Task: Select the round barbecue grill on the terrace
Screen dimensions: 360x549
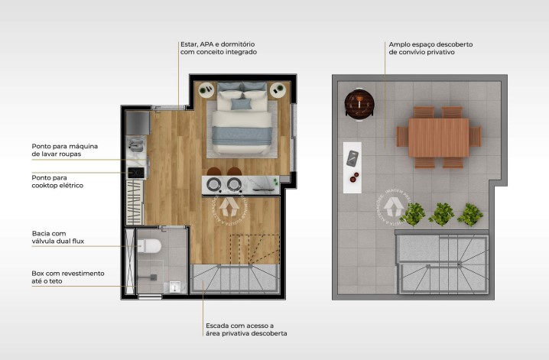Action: pos(357,102)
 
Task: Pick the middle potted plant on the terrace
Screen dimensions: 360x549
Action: pos(442,213)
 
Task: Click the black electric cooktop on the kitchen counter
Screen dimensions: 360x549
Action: pos(136,173)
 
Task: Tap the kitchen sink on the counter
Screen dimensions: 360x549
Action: pos(136,144)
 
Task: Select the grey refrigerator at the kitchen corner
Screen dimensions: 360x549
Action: pos(138,122)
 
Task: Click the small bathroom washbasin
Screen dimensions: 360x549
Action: pos(174,287)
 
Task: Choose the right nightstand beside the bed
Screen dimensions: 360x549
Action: pos(278,89)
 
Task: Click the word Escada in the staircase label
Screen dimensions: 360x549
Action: pos(216,326)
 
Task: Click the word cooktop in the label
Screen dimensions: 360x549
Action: pos(46,186)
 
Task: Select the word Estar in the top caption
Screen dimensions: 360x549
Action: pos(188,44)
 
